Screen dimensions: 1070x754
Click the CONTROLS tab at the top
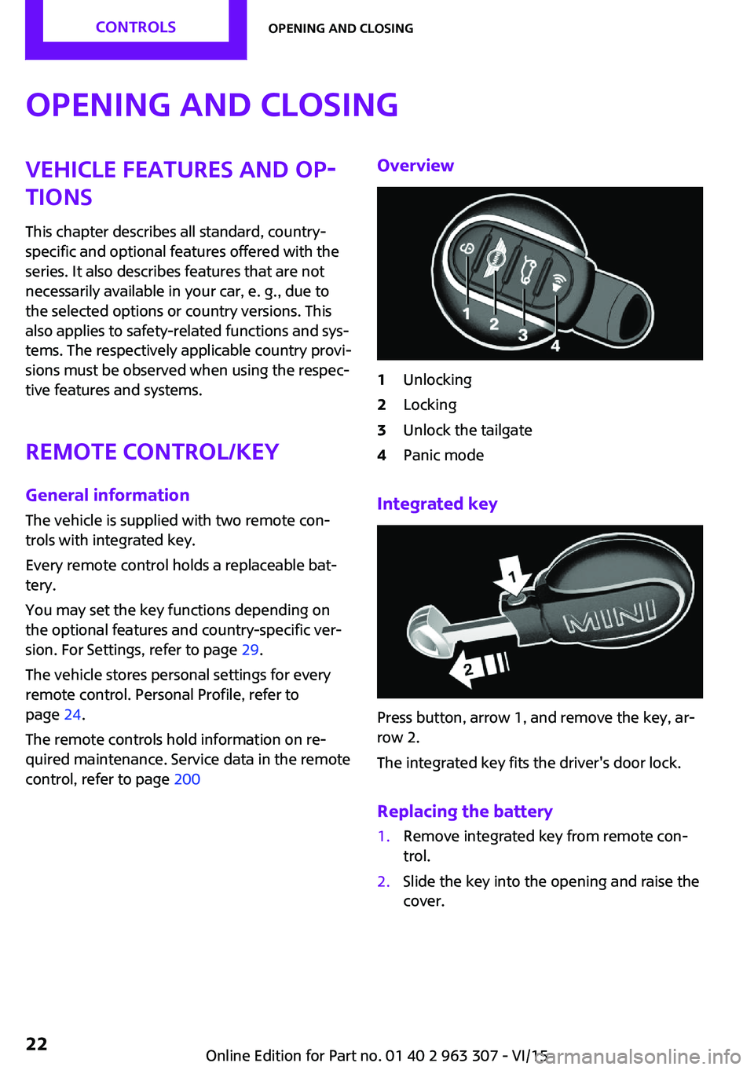click(x=136, y=27)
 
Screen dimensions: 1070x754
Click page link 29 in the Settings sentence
click(x=250, y=650)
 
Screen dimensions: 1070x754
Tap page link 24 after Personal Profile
click(x=72, y=714)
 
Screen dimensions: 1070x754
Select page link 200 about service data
click(x=187, y=779)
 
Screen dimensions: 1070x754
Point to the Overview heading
click(x=415, y=166)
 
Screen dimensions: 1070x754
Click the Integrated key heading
click(x=437, y=504)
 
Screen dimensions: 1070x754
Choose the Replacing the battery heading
click(x=464, y=812)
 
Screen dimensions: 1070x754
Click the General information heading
click(x=108, y=495)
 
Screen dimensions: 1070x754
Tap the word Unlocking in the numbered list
click(x=437, y=379)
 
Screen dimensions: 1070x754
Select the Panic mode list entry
click(x=443, y=455)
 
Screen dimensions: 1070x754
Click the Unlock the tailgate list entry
click(x=467, y=430)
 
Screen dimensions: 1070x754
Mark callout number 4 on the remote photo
click(x=555, y=346)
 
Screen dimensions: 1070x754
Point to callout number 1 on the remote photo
click(x=467, y=314)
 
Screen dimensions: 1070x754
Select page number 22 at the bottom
click(x=37, y=1043)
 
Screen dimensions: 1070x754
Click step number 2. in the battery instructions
click(x=383, y=881)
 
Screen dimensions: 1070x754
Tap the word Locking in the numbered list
click(x=430, y=405)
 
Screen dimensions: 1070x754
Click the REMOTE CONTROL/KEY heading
click(x=152, y=452)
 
